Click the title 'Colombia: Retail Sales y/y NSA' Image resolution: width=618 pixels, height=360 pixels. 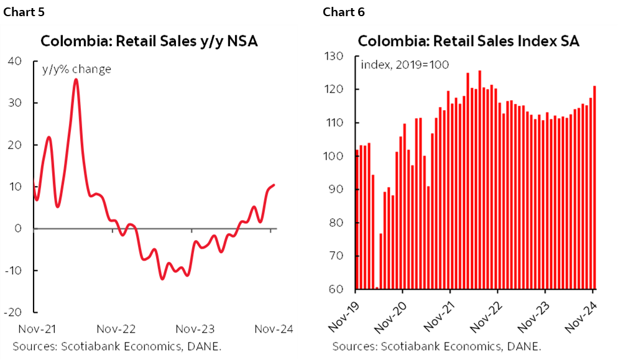tap(149, 42)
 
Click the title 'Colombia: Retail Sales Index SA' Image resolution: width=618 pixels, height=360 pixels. tap(469, 42)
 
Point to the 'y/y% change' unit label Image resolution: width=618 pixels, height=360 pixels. tap(76, 69)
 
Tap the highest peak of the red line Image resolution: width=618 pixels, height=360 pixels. tap(75, 80)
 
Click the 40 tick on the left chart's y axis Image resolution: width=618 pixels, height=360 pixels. tap(14, 61)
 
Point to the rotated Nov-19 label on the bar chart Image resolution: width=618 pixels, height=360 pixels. tap(339, 313)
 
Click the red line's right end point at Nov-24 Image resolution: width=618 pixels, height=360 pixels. tap(274, 185)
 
